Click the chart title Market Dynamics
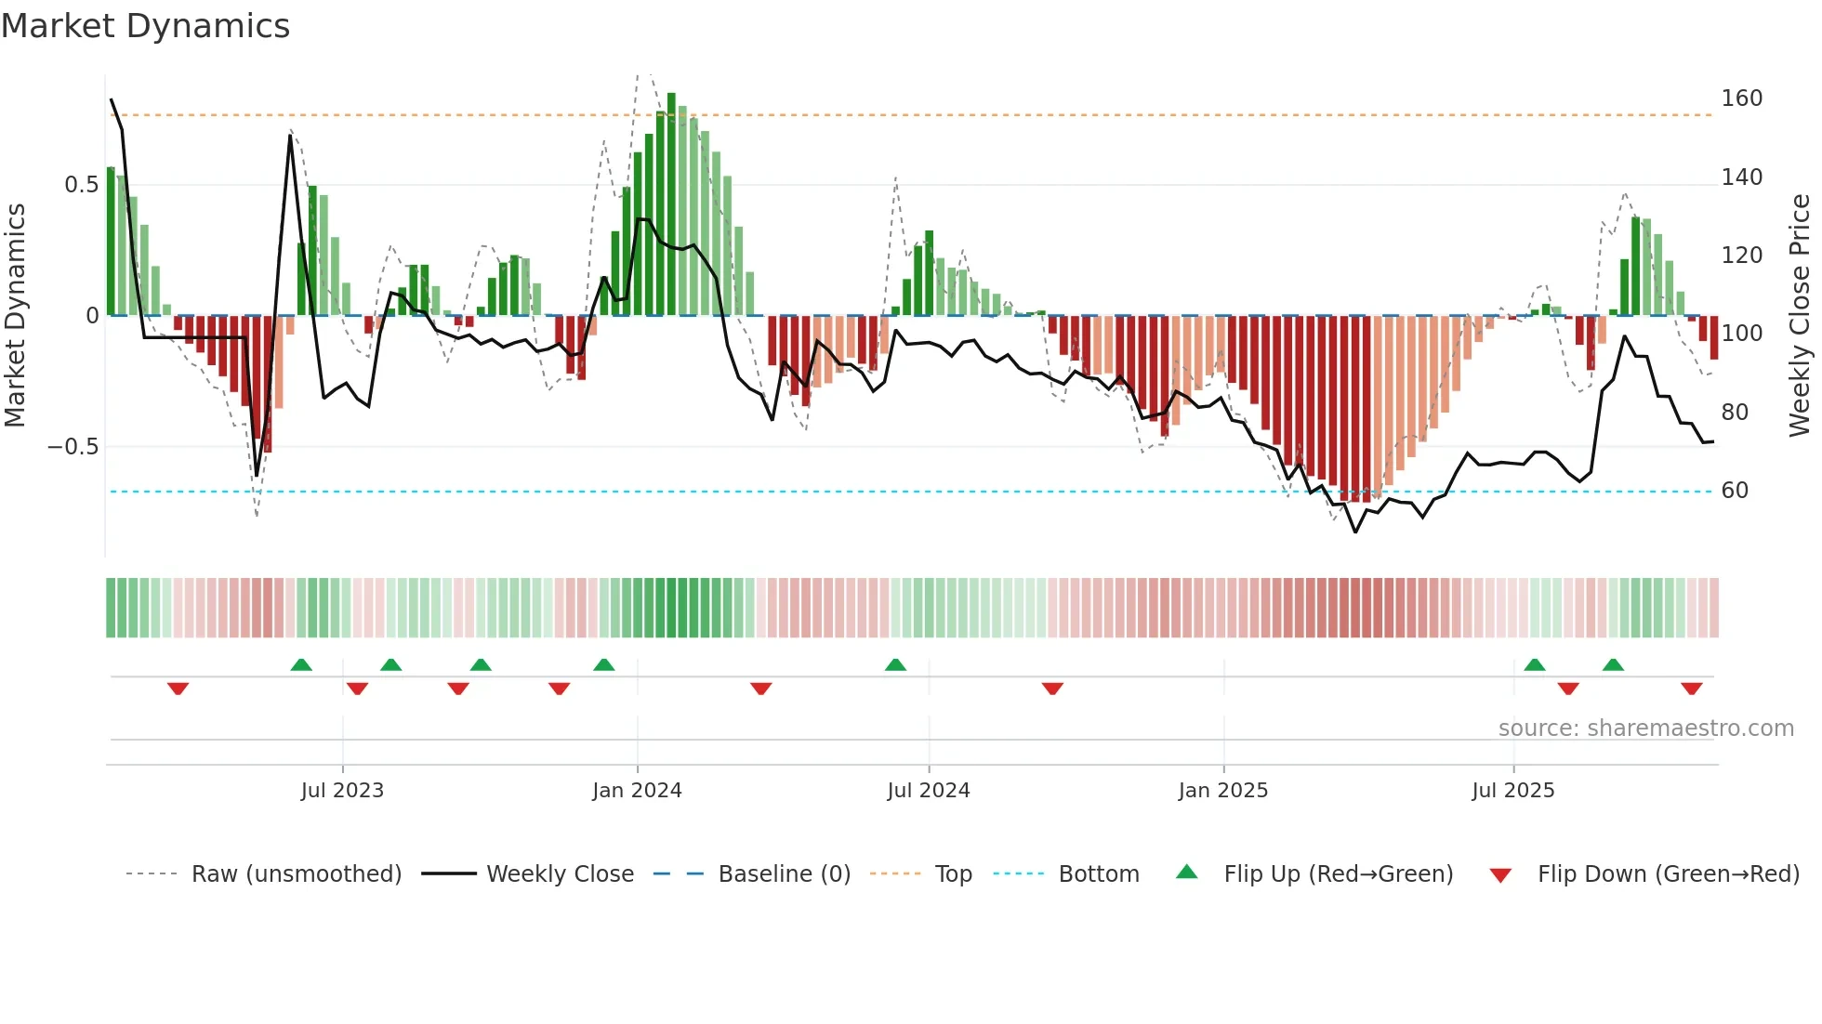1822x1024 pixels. pyautogui.click(x=145, y=26)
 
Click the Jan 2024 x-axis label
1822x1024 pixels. pyautogui.click(x=637, y=791)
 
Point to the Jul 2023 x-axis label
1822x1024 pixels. pyautogui.click(x=342, y=791)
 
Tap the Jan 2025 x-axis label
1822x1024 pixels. pyautogui.click(x=1222, y=791)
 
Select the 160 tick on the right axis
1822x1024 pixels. pyautogui.click(x=1741, y=98)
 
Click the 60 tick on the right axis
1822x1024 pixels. pyautogui.click(x=1735, y=491)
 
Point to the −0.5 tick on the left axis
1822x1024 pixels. pyautogui.click(x=73, y=447)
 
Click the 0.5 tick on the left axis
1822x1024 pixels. pyautogui.click(x=81, y=185)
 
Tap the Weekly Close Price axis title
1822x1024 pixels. pyautogui.click(x=1800, y=316)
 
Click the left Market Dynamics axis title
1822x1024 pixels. pyautogui.click(x=16, y=316)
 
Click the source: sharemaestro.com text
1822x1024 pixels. pyautogui.click(x=1645, y=729)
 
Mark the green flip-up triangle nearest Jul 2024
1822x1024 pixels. pyautogui.click(x=895, y=665)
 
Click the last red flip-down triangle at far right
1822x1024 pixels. pyautogui.click(x=1691, y=689)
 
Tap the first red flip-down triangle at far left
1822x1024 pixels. pyautogui.click(x=178, y=689)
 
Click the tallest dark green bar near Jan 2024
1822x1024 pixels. pyautogui.click(x=671, y=204)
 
